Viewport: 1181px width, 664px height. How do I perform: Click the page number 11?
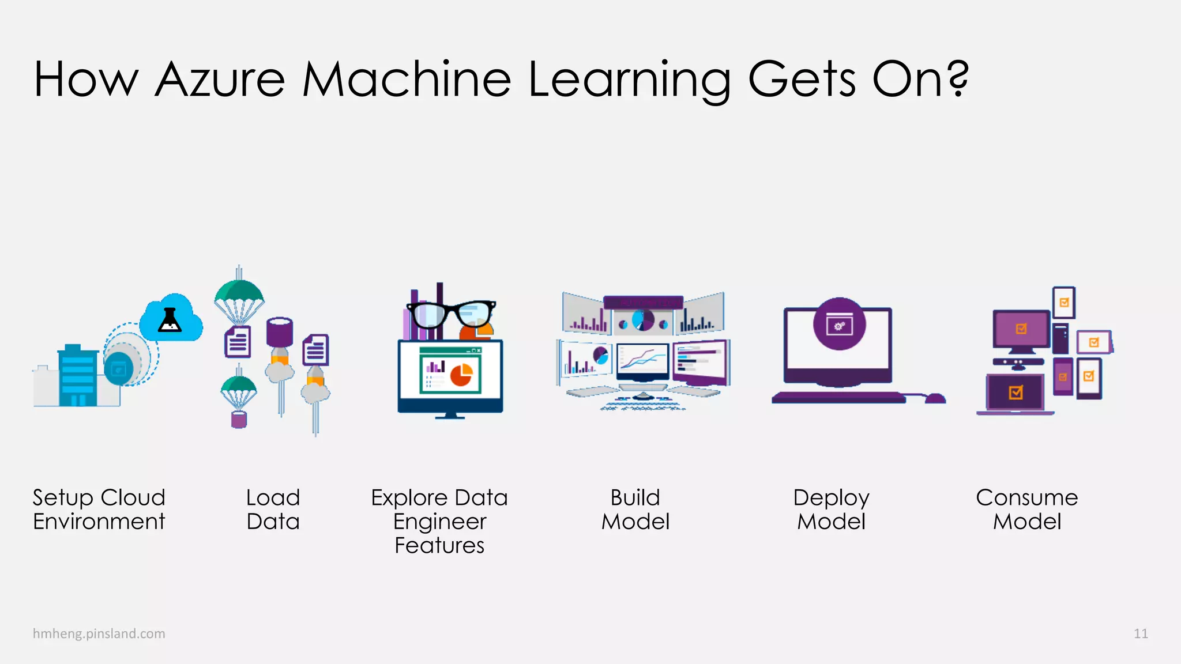[1141, 633]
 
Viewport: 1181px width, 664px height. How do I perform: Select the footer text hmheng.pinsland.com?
[99, 633]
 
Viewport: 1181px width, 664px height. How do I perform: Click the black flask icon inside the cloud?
[170, 320]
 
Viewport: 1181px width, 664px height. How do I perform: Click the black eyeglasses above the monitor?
[451, 315]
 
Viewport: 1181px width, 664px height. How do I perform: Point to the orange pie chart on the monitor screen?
[461, 375]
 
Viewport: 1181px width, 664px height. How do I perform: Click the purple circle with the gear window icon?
[839, 324]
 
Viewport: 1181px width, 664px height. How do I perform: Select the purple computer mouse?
[934, 398]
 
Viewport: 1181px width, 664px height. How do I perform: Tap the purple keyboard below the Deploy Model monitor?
[838, 397]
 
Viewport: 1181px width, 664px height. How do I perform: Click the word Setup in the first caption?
[63, 497]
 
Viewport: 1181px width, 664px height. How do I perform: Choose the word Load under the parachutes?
[273, 497]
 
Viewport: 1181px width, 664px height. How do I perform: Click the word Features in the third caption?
[439, 545]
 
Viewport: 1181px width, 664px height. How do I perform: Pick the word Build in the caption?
[635, 497]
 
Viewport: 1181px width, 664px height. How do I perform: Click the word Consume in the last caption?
[1026, 497]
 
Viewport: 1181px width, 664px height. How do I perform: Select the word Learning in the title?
[629, 81]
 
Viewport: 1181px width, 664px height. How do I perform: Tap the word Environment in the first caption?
[99, 522]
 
